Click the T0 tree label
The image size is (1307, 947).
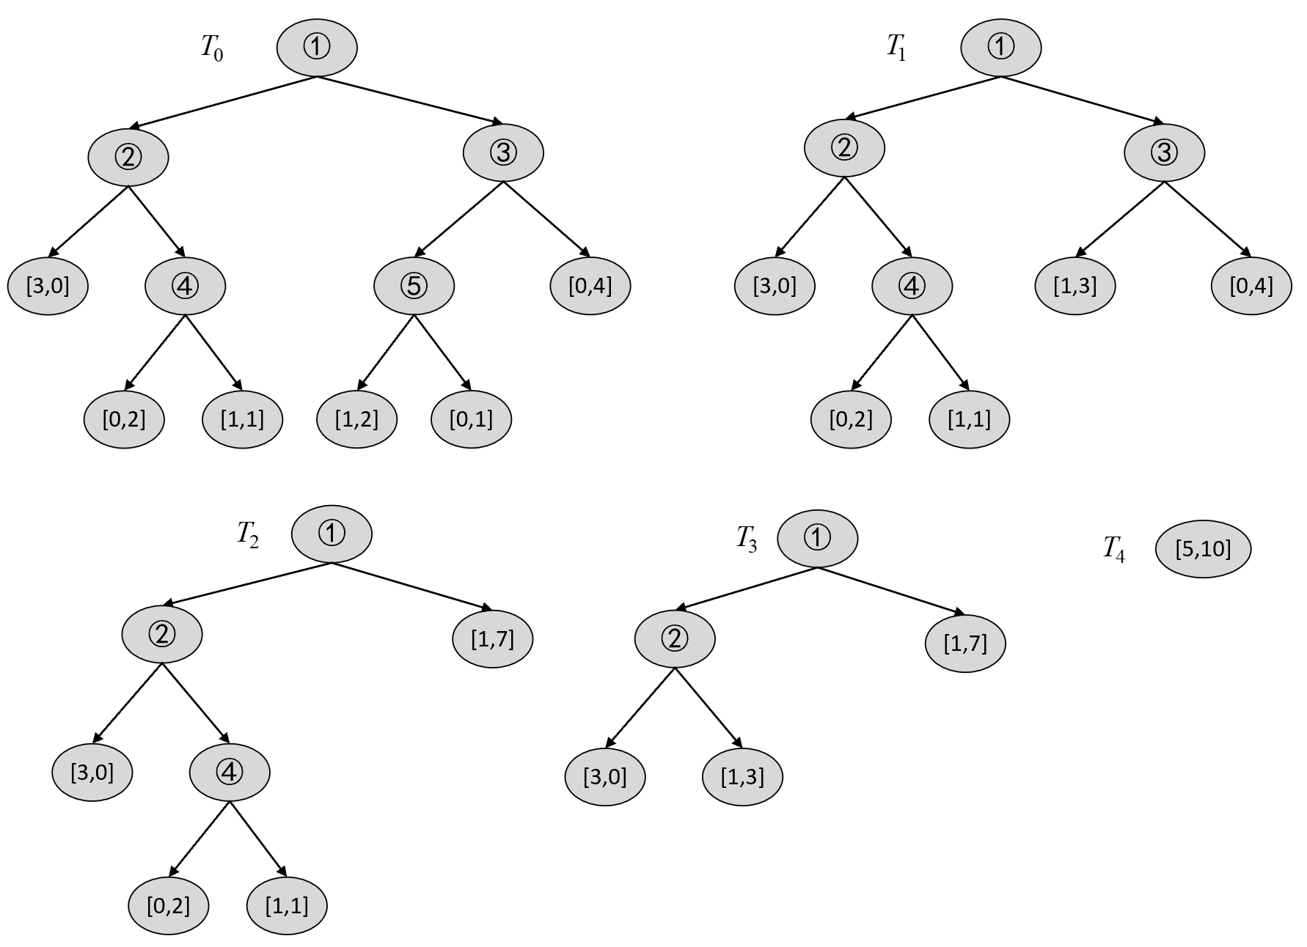point(212,49)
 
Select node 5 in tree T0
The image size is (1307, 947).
point(414,286)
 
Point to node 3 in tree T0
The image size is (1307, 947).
point(504,153)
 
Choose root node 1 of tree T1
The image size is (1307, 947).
point(1001,48)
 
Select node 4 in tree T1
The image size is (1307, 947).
point(912,286)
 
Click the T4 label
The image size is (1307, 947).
point(1113,549)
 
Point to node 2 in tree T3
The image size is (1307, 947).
point(675,639)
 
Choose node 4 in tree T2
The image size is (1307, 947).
point(230,773)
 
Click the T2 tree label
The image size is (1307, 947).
point(247,534)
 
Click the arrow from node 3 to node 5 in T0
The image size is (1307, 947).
point(464,218)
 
